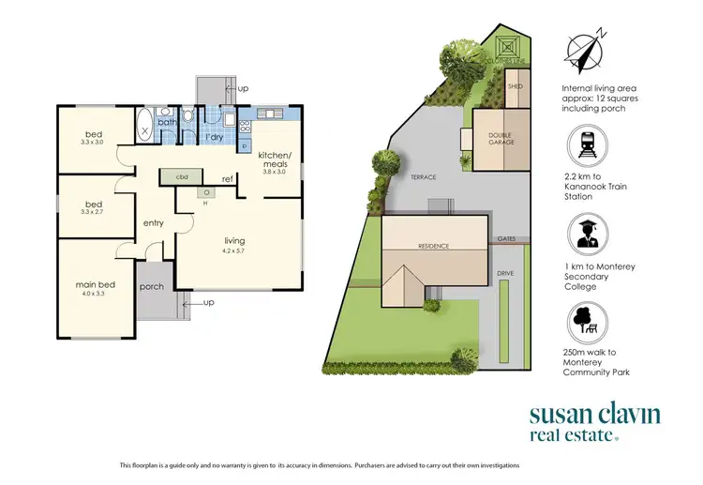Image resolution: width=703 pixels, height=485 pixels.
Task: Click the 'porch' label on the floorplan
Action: click(x=151, y=287)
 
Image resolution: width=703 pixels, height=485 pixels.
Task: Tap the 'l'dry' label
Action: click(x=215, y=138)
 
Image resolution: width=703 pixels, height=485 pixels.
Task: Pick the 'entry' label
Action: click(x=154, y=223)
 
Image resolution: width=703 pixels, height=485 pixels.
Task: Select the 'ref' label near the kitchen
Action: click(x=227, y=178)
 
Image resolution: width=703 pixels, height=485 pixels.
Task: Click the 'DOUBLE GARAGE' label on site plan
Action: click(x=501, y=138)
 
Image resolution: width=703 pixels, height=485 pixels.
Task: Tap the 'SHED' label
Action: click(x=514, y=86)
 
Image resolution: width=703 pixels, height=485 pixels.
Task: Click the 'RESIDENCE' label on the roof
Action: click(x=434, y=246)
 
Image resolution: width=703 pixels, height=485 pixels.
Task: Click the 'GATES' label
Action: click(x=507, y=238)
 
